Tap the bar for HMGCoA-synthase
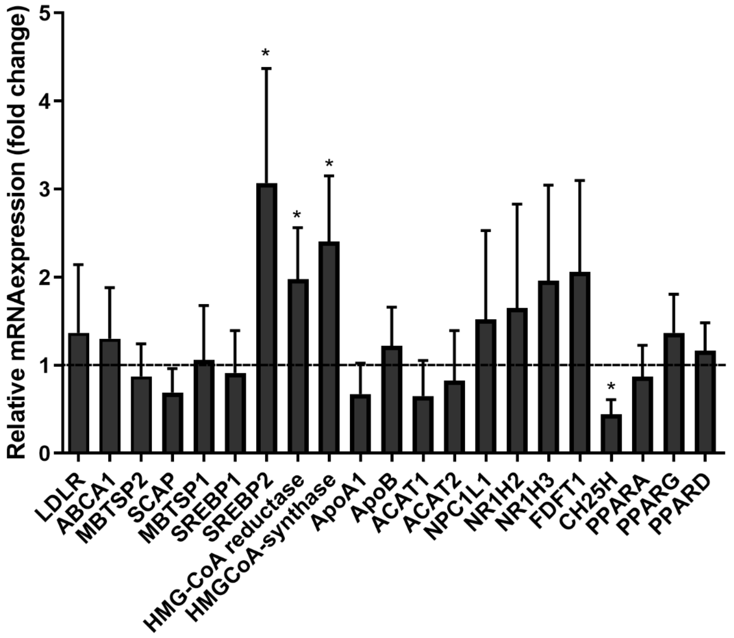pos(329,347)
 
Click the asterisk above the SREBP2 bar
pos(266,54)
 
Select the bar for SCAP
pos(172,423)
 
